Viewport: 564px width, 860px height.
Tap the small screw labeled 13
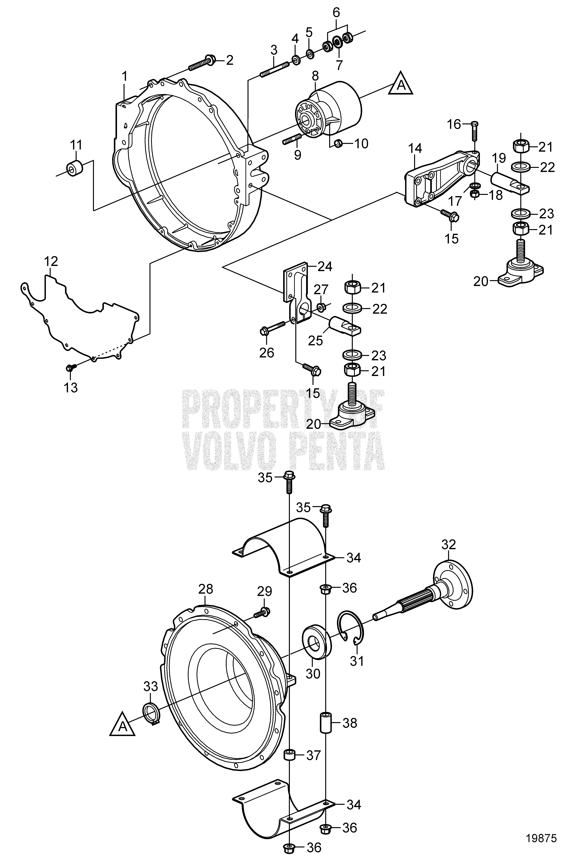point(70,368)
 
